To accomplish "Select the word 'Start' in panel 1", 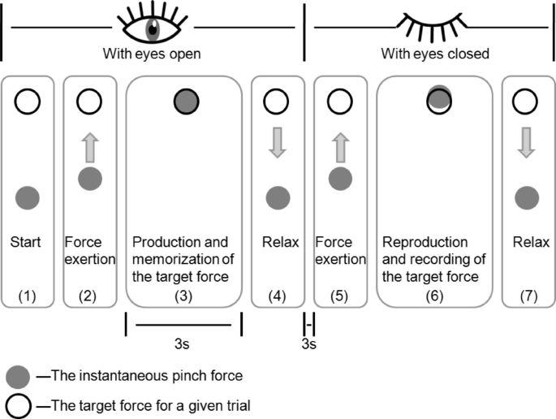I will [x=27, y=242].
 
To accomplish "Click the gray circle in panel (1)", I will [x=28, y=197].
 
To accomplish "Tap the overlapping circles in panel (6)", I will [x=439, y=98].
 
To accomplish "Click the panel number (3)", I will [x=183, y=298].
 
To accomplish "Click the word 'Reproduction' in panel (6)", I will [x=426, y=242].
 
